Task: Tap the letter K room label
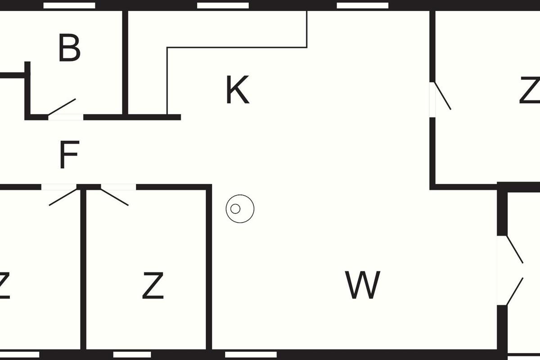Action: click(x=237, y=90)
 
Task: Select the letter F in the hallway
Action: click(x=69, y=155)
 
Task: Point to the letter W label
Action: click(x=363, y=285)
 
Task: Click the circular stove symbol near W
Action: click(x=239, y=209)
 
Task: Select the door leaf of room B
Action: click(x=62, y=107)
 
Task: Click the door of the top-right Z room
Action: click(x=441, y=95)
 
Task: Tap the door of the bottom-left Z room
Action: click(x=63, y=197)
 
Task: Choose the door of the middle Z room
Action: click(x=114, y=197)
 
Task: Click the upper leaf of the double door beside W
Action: click(x=515, y=249)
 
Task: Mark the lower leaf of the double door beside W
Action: click(x=515, y=292)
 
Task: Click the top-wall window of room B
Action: click(x=69, y=5)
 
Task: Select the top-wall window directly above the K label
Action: click(x=223, y=5)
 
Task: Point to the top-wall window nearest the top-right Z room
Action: click(x=363, y=5)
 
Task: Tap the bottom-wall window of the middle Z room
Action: click(x=132, y=355)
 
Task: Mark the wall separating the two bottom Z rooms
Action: click(x=83, y=270)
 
